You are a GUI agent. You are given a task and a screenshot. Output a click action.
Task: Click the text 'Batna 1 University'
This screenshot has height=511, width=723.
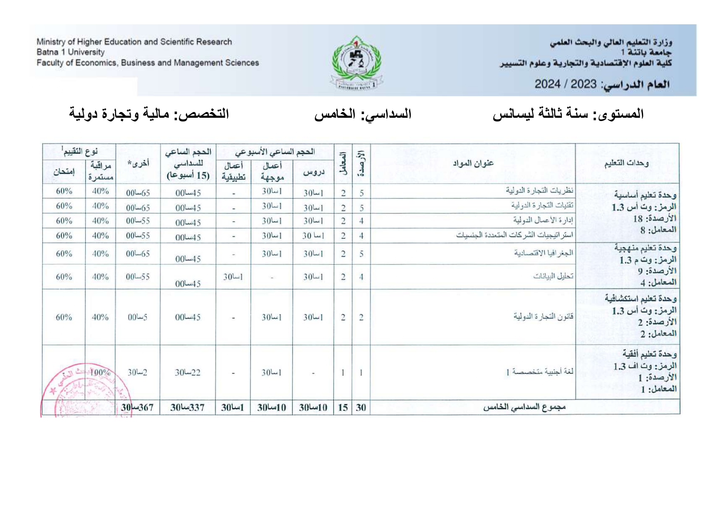pyautogui.click(x=70, y=52)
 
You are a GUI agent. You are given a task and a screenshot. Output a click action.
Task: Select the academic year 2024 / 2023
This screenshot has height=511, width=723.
pyautogui.click(x=565, y=84)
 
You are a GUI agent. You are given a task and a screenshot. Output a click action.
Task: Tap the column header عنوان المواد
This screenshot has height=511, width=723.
pyautogui.click(x=473, y=163)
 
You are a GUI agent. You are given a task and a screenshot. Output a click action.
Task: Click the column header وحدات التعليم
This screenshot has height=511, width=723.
pyautogui.click(x=626, y=163)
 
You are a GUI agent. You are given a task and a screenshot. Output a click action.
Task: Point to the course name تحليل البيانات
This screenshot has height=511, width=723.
pyautogui.click(x=553, y=276)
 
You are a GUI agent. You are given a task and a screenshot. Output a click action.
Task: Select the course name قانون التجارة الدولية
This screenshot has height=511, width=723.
pyautogui.click(x=543, y=317)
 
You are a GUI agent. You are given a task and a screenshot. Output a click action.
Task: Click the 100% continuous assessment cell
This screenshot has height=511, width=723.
pyautogui.click(x=100, y=373)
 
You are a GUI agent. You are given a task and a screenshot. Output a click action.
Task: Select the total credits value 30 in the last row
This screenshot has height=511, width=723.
pyautogui.click(x=361, y=408)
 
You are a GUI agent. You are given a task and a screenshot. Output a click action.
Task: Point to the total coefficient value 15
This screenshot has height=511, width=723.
pyautogui.click(x=343, y=408)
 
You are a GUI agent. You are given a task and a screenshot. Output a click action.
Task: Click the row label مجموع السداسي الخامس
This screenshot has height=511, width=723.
pyautogui.click(x=524, y=407)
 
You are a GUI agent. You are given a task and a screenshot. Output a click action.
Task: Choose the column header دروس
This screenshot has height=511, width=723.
pyautogui.click(x=314, y=172)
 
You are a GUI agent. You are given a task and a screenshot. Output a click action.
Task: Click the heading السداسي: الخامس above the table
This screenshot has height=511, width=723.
pyautogui.click(x=363, y=114)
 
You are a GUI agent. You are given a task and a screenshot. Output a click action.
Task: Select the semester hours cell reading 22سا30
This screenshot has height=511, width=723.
pyautogui.click(x=187, y=373)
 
